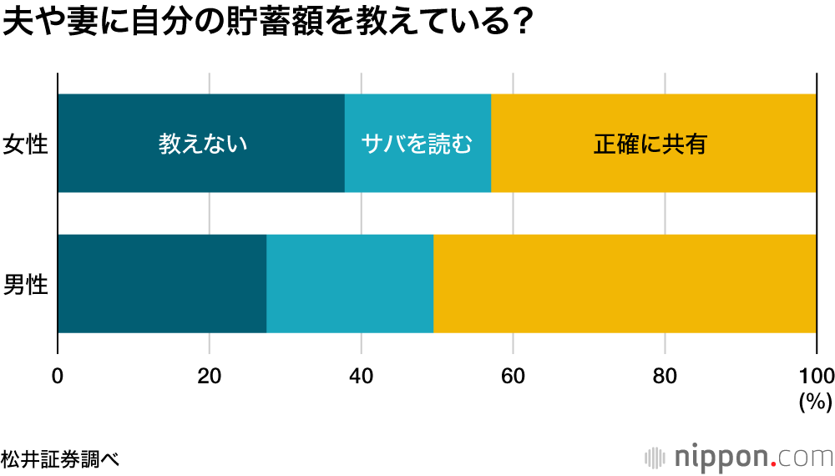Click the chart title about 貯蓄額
pos(267,23)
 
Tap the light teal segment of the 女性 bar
pos(417,171)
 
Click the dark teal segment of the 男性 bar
pos(162,284)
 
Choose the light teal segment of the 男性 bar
pos(350,284)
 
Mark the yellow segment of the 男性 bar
pos(625,284)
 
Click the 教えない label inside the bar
pos(204,144)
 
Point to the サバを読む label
pos(417,144)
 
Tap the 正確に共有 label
pos(650,144)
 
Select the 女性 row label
pos(25,144)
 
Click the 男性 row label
pos(25,285)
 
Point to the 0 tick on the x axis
pos(58,375)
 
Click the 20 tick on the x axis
pos(209,375)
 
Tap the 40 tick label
pos(361,375)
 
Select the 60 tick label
pos(513,375)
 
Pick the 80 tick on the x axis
pos(665,375)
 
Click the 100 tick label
pos(816,375)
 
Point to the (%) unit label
pos(816,402)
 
